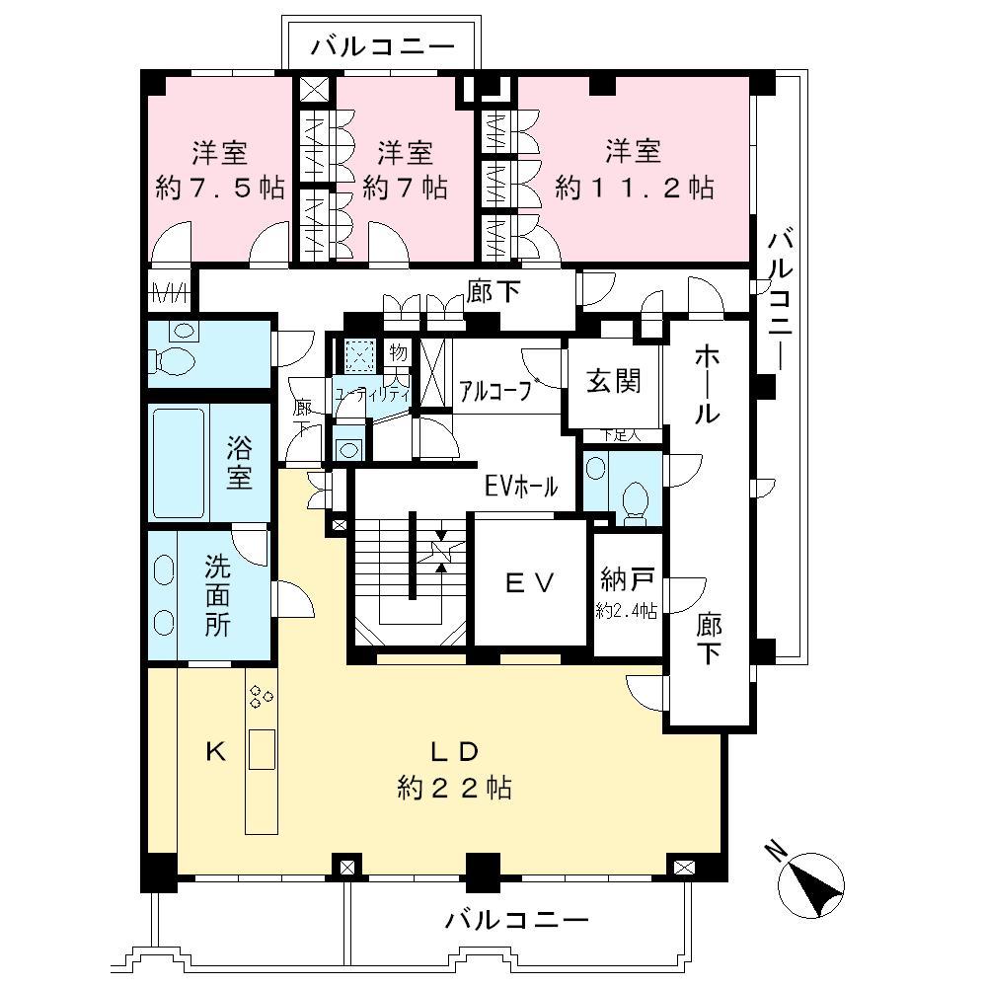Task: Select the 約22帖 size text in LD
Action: pyautogui.click(x=453, y=788)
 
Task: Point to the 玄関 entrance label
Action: pyautogui.click(x=614, y=380)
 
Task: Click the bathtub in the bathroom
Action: pyautogui.click(x=179, y=461)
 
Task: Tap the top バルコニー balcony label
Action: pyautogui.click(x=383, y=45)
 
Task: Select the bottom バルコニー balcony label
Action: pyautogui.click(x=516, y=920)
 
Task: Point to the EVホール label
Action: pyautogui.click(x=521, y=486)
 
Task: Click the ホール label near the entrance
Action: pyautogui.click(x=705, y=385)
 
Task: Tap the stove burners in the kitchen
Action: pyautogui.click(x=262, y=697)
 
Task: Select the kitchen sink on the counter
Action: pyautogui.click(x=262, y=750)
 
